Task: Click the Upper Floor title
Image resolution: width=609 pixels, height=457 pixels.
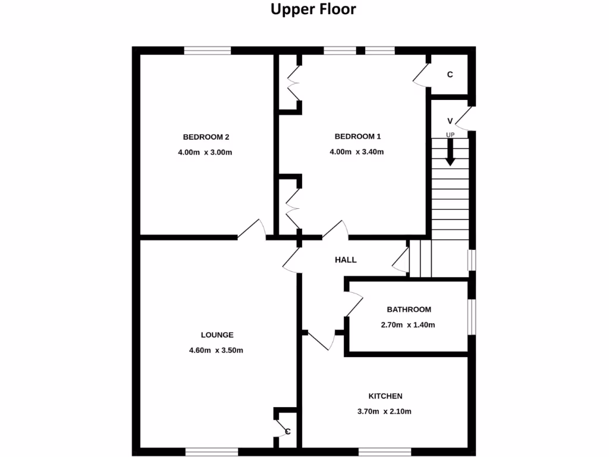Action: tap(313, 10)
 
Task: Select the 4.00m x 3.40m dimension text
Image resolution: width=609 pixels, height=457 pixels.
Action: tap(356, 152)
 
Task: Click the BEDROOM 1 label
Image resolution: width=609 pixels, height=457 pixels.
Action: tap(357, 136)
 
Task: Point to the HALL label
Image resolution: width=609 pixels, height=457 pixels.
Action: tap(346, 260)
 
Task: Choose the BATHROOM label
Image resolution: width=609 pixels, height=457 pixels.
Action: tap(409, 309)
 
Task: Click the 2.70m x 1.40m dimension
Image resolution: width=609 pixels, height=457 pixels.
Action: tap(408, 325)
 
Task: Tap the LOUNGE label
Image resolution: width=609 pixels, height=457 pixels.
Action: tap(216, 335)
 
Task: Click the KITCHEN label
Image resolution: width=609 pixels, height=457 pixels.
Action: tap(385, 396)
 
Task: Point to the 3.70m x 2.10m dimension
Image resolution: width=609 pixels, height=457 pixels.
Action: tap(385, 411)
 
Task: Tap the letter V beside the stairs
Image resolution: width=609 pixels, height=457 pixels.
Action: tap(450, 121)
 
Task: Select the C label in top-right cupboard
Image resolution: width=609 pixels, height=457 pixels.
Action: tap(450, 75)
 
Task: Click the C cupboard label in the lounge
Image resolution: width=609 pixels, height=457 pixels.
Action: tap(287, 431)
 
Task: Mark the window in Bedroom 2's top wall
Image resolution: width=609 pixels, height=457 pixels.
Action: tap(207, 51)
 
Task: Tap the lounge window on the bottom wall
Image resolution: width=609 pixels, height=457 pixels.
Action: tap(212, 452)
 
